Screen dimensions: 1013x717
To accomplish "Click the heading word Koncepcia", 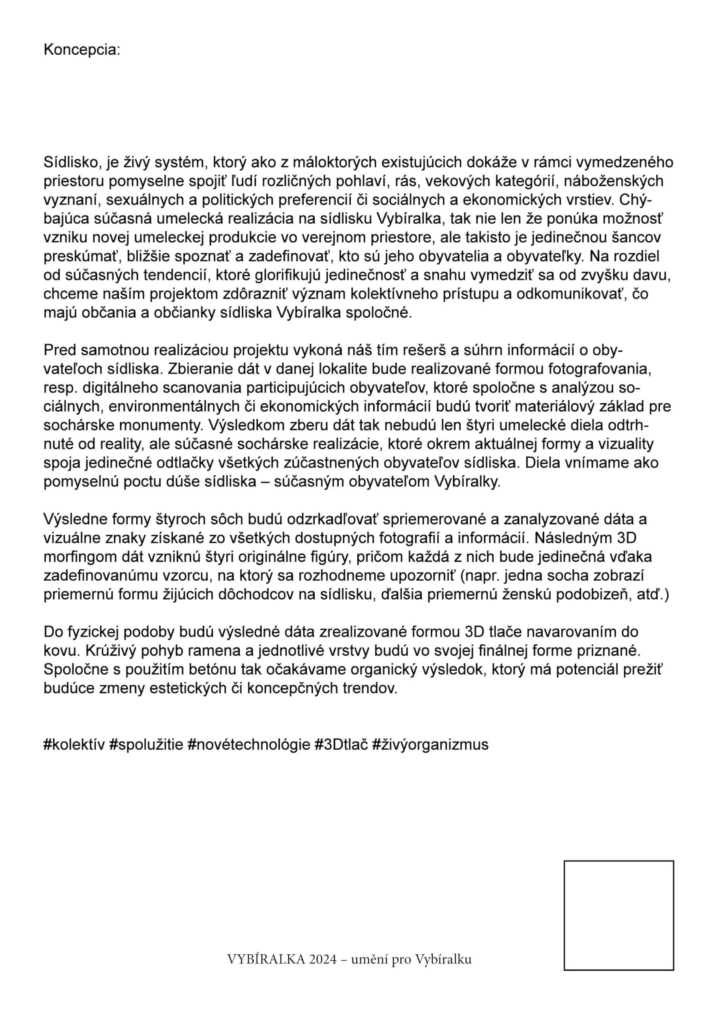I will click(x=82, y=50).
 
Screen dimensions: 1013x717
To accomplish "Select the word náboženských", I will click(x=614, y=182).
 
